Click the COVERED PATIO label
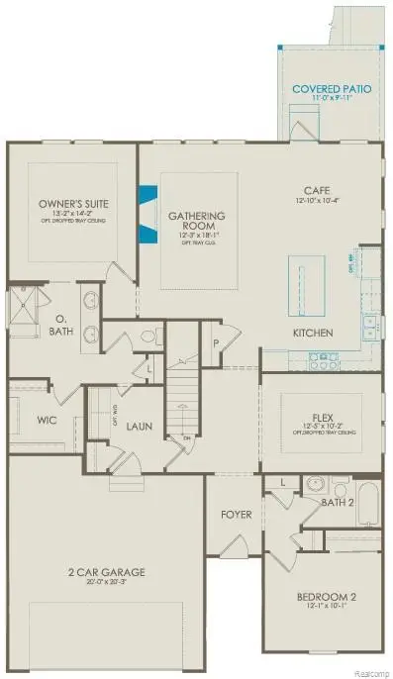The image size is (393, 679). pyautogui.click(x=332, y=89)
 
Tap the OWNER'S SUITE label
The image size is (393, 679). pyautogui.click(x=73, y=204)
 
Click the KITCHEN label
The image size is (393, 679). pyautogui.click(x=312, y=332)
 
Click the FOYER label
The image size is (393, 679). pyautogui.click(x=236, y=515)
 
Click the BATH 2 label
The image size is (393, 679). pyautogui.click(x=340, y=502)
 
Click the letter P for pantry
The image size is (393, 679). pyautogui.click(x=215, y=343)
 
